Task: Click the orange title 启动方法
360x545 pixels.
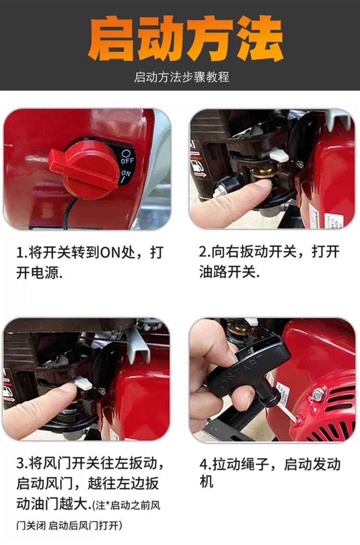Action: tap(185, 38)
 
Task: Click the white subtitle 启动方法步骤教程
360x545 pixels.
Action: tap(181, 77)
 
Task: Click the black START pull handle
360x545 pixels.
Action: tap(251, 372)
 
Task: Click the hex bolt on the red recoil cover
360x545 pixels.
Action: tap(318, 394)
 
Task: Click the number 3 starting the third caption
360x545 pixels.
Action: tap(20, 463)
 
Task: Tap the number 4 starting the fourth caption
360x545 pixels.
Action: tap(203, 464)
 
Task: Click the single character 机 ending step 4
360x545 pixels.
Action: tap(206, 482)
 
